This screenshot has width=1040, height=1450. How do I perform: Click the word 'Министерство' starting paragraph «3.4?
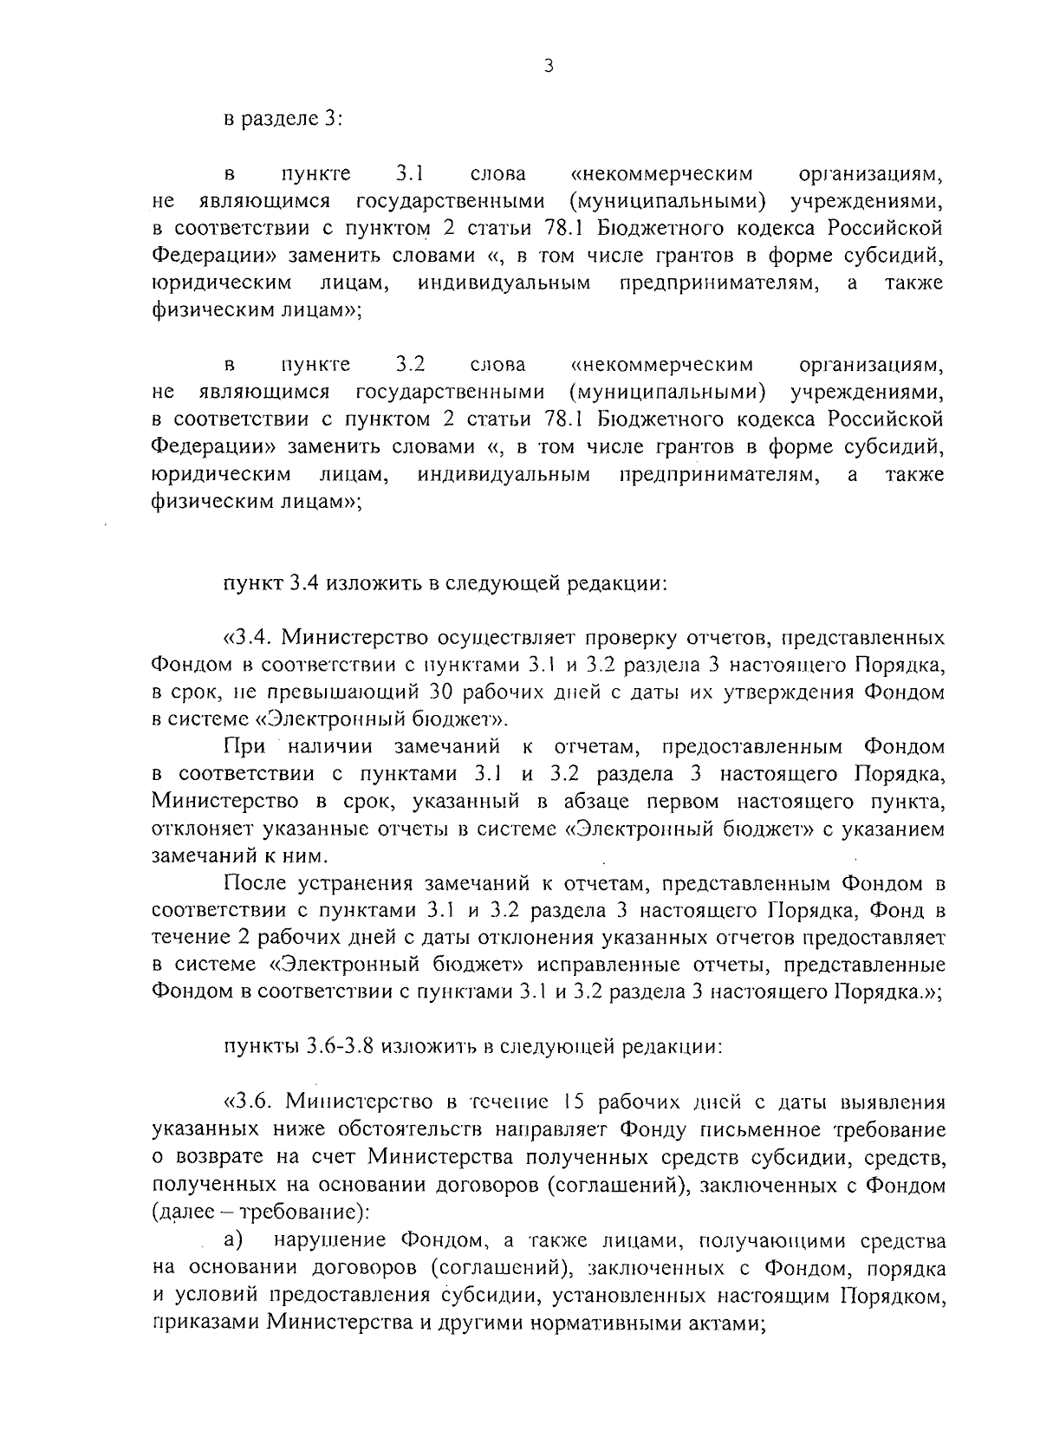point(346,639)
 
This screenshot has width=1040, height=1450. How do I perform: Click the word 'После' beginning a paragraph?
point(257,885)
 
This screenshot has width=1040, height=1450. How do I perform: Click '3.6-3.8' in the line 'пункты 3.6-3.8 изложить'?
point(339,1046)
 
